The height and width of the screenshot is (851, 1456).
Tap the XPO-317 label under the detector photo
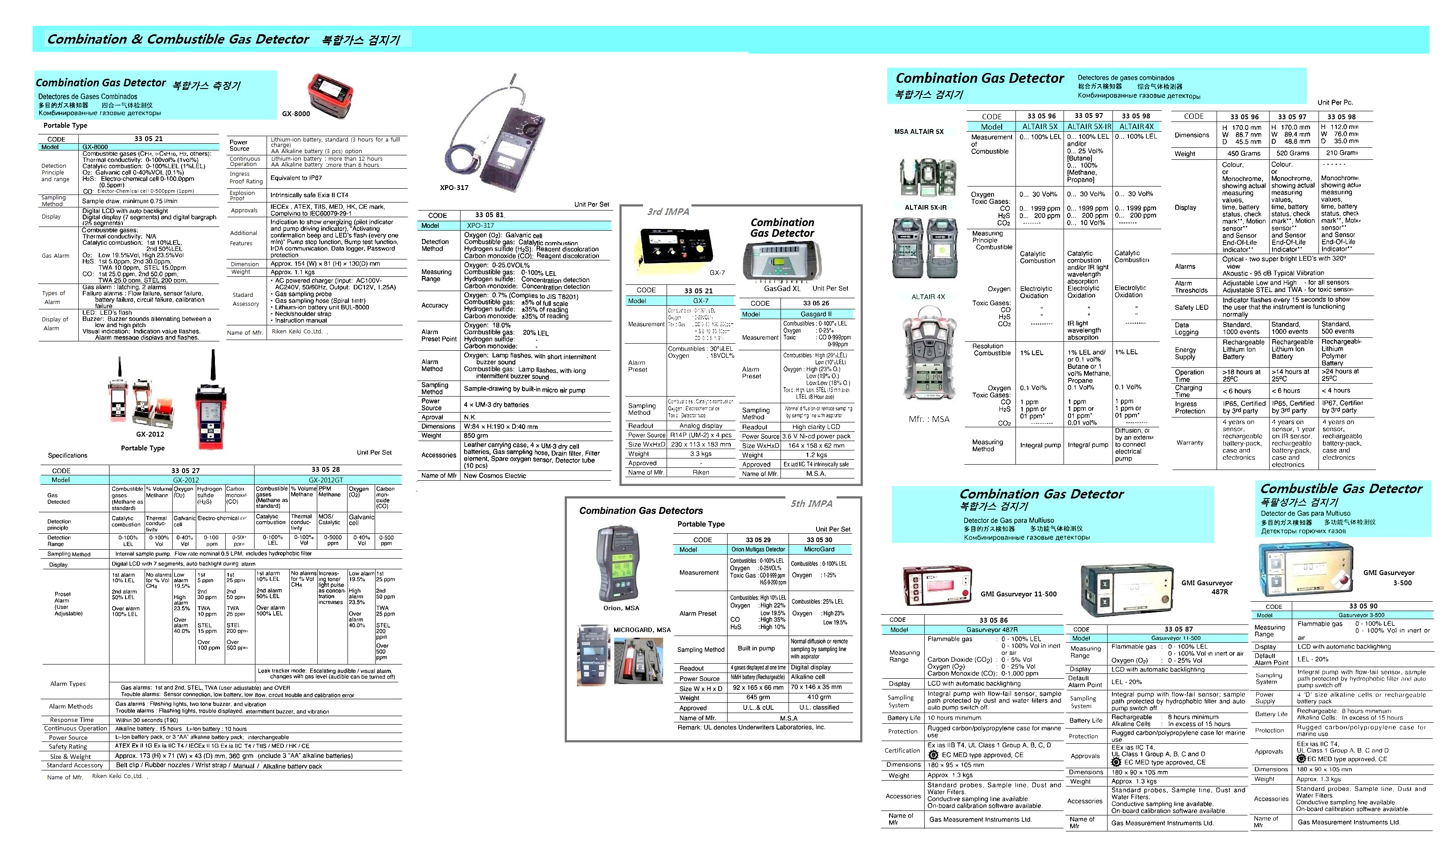pos(454,188)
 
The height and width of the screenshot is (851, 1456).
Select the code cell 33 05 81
pos(490,215)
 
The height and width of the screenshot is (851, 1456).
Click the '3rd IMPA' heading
pos(668,212)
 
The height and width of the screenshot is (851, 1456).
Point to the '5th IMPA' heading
pos(811,504)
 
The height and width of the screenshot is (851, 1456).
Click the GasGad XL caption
pos(782,288)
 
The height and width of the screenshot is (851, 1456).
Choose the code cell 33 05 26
pos(816,303)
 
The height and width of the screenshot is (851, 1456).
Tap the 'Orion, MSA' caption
pos(621,608)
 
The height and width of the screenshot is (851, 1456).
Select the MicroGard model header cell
pos(819,549)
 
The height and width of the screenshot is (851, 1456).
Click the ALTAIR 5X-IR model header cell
pos(1088,126)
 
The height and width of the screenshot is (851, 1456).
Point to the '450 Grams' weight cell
pos(1244,153)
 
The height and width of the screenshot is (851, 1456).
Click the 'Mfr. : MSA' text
pos(929,419)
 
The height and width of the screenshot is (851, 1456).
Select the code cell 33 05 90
pos(1363,606)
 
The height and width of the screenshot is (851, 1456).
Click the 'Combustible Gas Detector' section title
pos(1341,489)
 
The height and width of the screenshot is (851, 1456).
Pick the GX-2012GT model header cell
pos(325,480)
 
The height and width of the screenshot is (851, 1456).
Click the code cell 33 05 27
pos(186,471)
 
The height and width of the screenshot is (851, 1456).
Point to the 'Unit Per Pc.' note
pos(1335,103)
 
